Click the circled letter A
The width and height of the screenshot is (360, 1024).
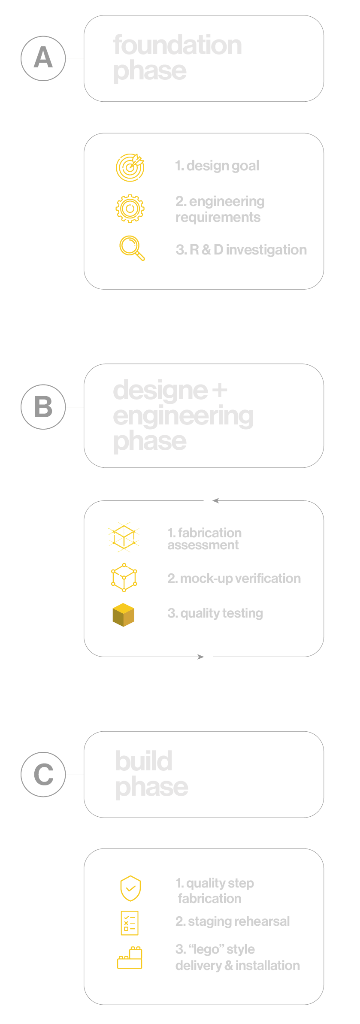(43, 58)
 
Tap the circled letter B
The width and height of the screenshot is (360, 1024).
(43, 407)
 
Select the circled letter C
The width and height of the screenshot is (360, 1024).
(43, 774)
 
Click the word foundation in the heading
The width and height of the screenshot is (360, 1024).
(178, 45)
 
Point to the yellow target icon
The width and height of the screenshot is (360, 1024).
(130, 167)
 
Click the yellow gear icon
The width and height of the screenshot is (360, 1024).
(130, 209)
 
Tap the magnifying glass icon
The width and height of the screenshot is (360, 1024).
(132, 248)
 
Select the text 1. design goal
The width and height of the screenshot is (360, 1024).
(217, 166)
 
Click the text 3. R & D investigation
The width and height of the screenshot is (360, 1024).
(241, 250)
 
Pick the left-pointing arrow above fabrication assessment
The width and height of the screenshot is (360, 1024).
(215, 500)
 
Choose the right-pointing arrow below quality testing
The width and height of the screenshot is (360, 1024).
(201, 657)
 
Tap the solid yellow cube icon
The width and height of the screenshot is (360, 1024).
(123, 615)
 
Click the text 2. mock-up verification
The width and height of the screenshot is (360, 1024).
(234, 579)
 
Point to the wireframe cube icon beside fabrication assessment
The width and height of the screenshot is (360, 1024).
(124, 536)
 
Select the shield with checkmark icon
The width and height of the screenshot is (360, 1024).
(130, 888)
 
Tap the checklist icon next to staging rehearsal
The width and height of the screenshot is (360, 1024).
(130, 923)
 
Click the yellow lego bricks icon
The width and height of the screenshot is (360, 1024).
(130, 958)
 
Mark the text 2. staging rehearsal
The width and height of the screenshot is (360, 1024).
(233, 921)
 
